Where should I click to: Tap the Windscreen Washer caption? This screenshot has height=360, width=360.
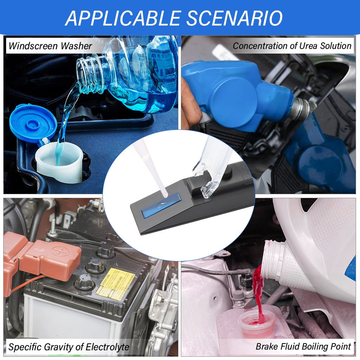click(x=50, y=46)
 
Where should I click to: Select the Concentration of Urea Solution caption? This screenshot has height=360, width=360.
click(x=292, y=46)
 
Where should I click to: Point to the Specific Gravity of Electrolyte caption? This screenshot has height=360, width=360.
click(x=69, y=347)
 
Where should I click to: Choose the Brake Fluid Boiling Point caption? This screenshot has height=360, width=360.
click(x=303, y=347)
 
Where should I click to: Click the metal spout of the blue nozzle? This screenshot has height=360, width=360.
click(x=302, y=108)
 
